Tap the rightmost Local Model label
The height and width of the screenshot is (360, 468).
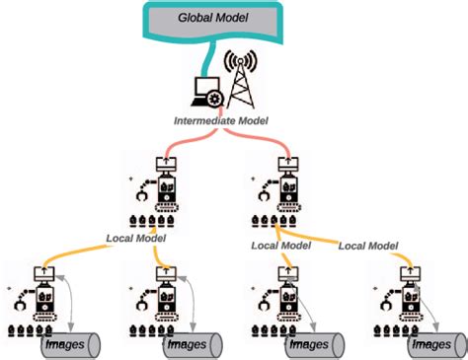pos(368,245)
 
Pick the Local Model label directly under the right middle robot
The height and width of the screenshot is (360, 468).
pos(280,245)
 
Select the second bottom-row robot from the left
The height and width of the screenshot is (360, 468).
pos(160,300)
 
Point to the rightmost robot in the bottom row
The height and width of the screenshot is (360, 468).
pos(405,300)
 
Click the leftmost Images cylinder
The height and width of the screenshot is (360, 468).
pos(75,345)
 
